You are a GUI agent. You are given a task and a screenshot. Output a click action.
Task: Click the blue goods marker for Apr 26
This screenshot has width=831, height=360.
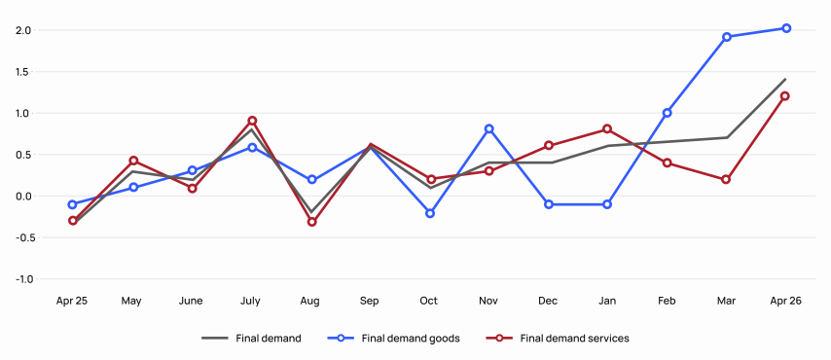[x=786, y=28]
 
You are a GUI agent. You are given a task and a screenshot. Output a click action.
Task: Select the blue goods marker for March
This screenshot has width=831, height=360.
[x=727, y=37]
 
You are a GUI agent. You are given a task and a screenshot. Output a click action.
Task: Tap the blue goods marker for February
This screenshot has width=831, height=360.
[x=667, y=113]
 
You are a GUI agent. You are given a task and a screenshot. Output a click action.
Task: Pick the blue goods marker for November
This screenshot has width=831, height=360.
[x=489, y=128]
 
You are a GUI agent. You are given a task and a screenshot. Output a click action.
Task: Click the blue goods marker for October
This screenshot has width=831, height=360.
[x=430, y=213]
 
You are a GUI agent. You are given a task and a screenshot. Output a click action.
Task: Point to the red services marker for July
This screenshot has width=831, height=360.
[x=252, y=121]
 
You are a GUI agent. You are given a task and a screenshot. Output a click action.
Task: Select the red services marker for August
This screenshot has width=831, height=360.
[x=311, y=222]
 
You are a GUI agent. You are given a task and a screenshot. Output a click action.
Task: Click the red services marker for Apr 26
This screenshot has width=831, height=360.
[x=785, y=96]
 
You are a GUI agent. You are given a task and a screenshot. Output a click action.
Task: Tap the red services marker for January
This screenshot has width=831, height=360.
[x=607, y=128]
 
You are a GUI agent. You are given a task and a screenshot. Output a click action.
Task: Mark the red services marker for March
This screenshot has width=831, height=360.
[x=726, y=179]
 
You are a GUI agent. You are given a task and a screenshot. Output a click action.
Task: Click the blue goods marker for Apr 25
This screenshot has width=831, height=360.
[x=73, y=204]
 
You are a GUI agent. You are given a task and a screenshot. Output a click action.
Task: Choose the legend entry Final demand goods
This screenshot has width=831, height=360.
[x=394, y=339]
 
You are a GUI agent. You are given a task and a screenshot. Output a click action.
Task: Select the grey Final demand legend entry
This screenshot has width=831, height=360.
[x=251, y=339]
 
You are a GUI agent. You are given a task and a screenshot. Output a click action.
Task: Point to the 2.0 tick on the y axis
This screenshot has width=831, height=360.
[x=25, y=30]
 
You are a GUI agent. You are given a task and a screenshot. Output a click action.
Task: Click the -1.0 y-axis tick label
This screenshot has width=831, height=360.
[x=23, y=279]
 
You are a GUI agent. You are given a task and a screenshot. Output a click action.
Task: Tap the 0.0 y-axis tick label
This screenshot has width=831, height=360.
[x=24, y=197]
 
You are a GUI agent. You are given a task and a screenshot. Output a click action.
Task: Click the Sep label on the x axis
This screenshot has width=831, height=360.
[x=370, y=302]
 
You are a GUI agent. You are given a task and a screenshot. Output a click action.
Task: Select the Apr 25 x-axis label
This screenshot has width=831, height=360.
[x=72, y=302]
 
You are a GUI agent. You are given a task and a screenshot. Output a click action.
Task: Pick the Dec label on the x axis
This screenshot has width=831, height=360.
[x=548, y=302]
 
